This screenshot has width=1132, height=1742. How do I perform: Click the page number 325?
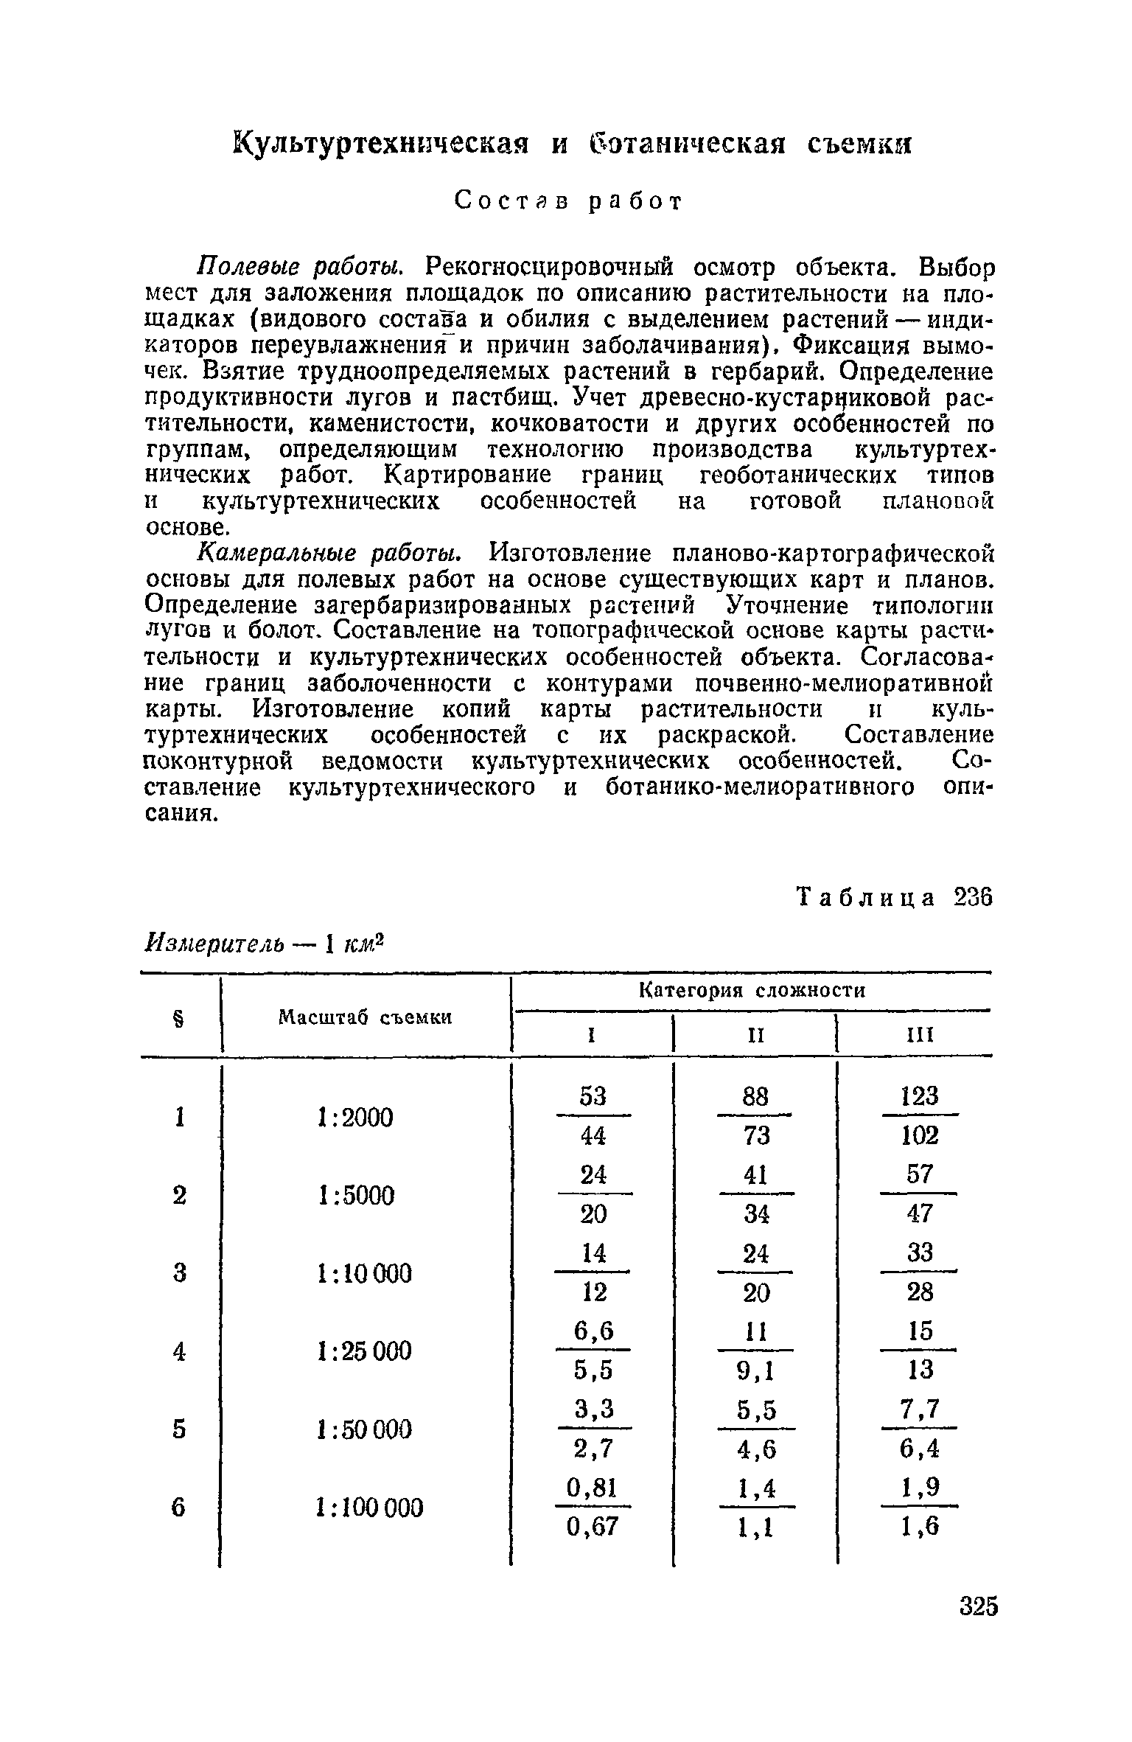979,1626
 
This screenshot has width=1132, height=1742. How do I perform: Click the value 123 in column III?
920,1096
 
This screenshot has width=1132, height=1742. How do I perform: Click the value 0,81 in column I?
593,1487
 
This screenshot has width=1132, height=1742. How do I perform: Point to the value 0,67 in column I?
593,1527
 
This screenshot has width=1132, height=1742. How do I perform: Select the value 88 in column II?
755,1096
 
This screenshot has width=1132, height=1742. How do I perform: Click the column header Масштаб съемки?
365,1017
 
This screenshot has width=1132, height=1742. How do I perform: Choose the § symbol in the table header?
177,1017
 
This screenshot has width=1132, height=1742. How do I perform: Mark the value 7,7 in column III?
920,1409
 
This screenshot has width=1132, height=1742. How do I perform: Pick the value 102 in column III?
920,1136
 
